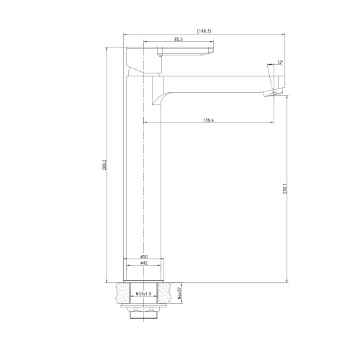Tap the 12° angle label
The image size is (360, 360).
tap(279, 63)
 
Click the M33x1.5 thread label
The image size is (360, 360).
tap(143, 294)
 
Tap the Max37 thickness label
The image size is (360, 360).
tap(179, 293)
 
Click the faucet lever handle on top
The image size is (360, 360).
tap(180, 53)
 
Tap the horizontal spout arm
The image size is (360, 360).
tap(216, 76)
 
